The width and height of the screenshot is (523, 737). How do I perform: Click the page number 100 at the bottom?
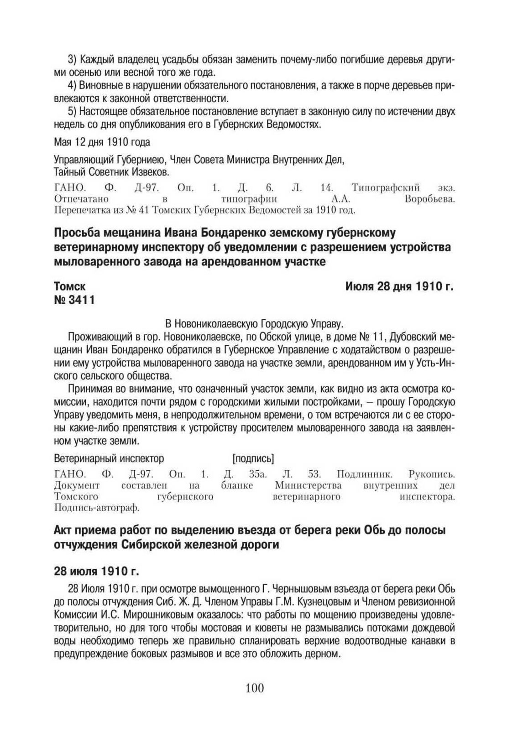[x=255, y=688]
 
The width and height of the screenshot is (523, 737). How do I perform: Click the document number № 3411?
[x=74, y=300]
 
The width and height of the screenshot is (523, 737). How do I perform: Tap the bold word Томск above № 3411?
[x=70, y=286]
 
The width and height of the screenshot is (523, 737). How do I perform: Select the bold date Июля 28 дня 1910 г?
[x=400, y=286]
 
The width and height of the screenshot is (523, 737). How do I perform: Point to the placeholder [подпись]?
[x=253, y=458]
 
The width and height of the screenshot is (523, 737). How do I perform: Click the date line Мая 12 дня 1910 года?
[x=102, y=142]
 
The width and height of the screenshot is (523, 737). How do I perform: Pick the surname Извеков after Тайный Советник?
[x=151, y=172]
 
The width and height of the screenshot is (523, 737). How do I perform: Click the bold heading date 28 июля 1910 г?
[x=96, y=571]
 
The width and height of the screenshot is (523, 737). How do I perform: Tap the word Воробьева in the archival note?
[x=429, y=199]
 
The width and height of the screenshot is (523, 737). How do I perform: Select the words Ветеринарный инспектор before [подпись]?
[x=109, y=458]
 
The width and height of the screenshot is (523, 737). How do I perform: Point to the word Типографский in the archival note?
[x=386, y=187]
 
